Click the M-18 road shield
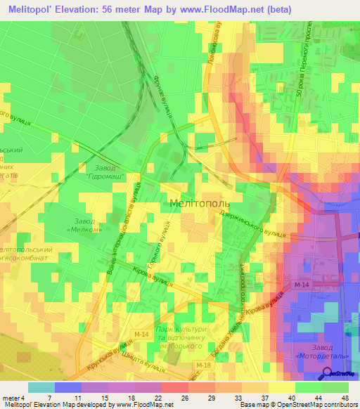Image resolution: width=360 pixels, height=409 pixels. [x=204, y=365]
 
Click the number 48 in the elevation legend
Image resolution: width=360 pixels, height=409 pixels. [x=345, y=398]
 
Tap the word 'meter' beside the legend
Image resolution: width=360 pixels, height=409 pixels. [x=10, y=398]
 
